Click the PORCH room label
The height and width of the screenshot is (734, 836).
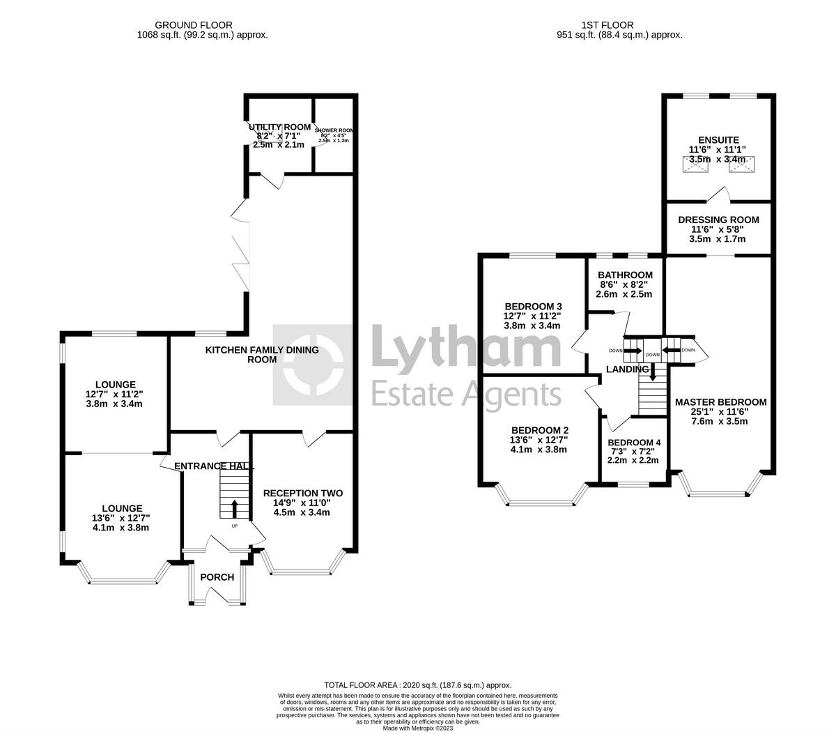pos(217,577)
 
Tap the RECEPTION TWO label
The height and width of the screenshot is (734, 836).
pos(302,494)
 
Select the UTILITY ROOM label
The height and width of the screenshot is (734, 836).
pos(280,127)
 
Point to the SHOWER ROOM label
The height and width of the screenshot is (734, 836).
pos(334,130)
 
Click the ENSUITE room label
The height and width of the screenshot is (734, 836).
pos(718,139)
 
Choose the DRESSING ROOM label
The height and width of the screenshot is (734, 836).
pos(718,220)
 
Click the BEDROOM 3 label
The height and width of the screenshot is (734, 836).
pos(533,306)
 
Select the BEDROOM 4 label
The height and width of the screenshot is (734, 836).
pos(633,443)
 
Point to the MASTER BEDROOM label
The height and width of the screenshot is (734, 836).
pos(720,402)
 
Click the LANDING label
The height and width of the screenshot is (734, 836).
pos(627,369)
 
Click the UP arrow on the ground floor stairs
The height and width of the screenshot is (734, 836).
pos(234,507)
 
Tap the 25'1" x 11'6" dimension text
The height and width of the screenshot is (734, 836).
pos(720,412)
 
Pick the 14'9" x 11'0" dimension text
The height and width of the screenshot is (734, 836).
pos(302,503)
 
